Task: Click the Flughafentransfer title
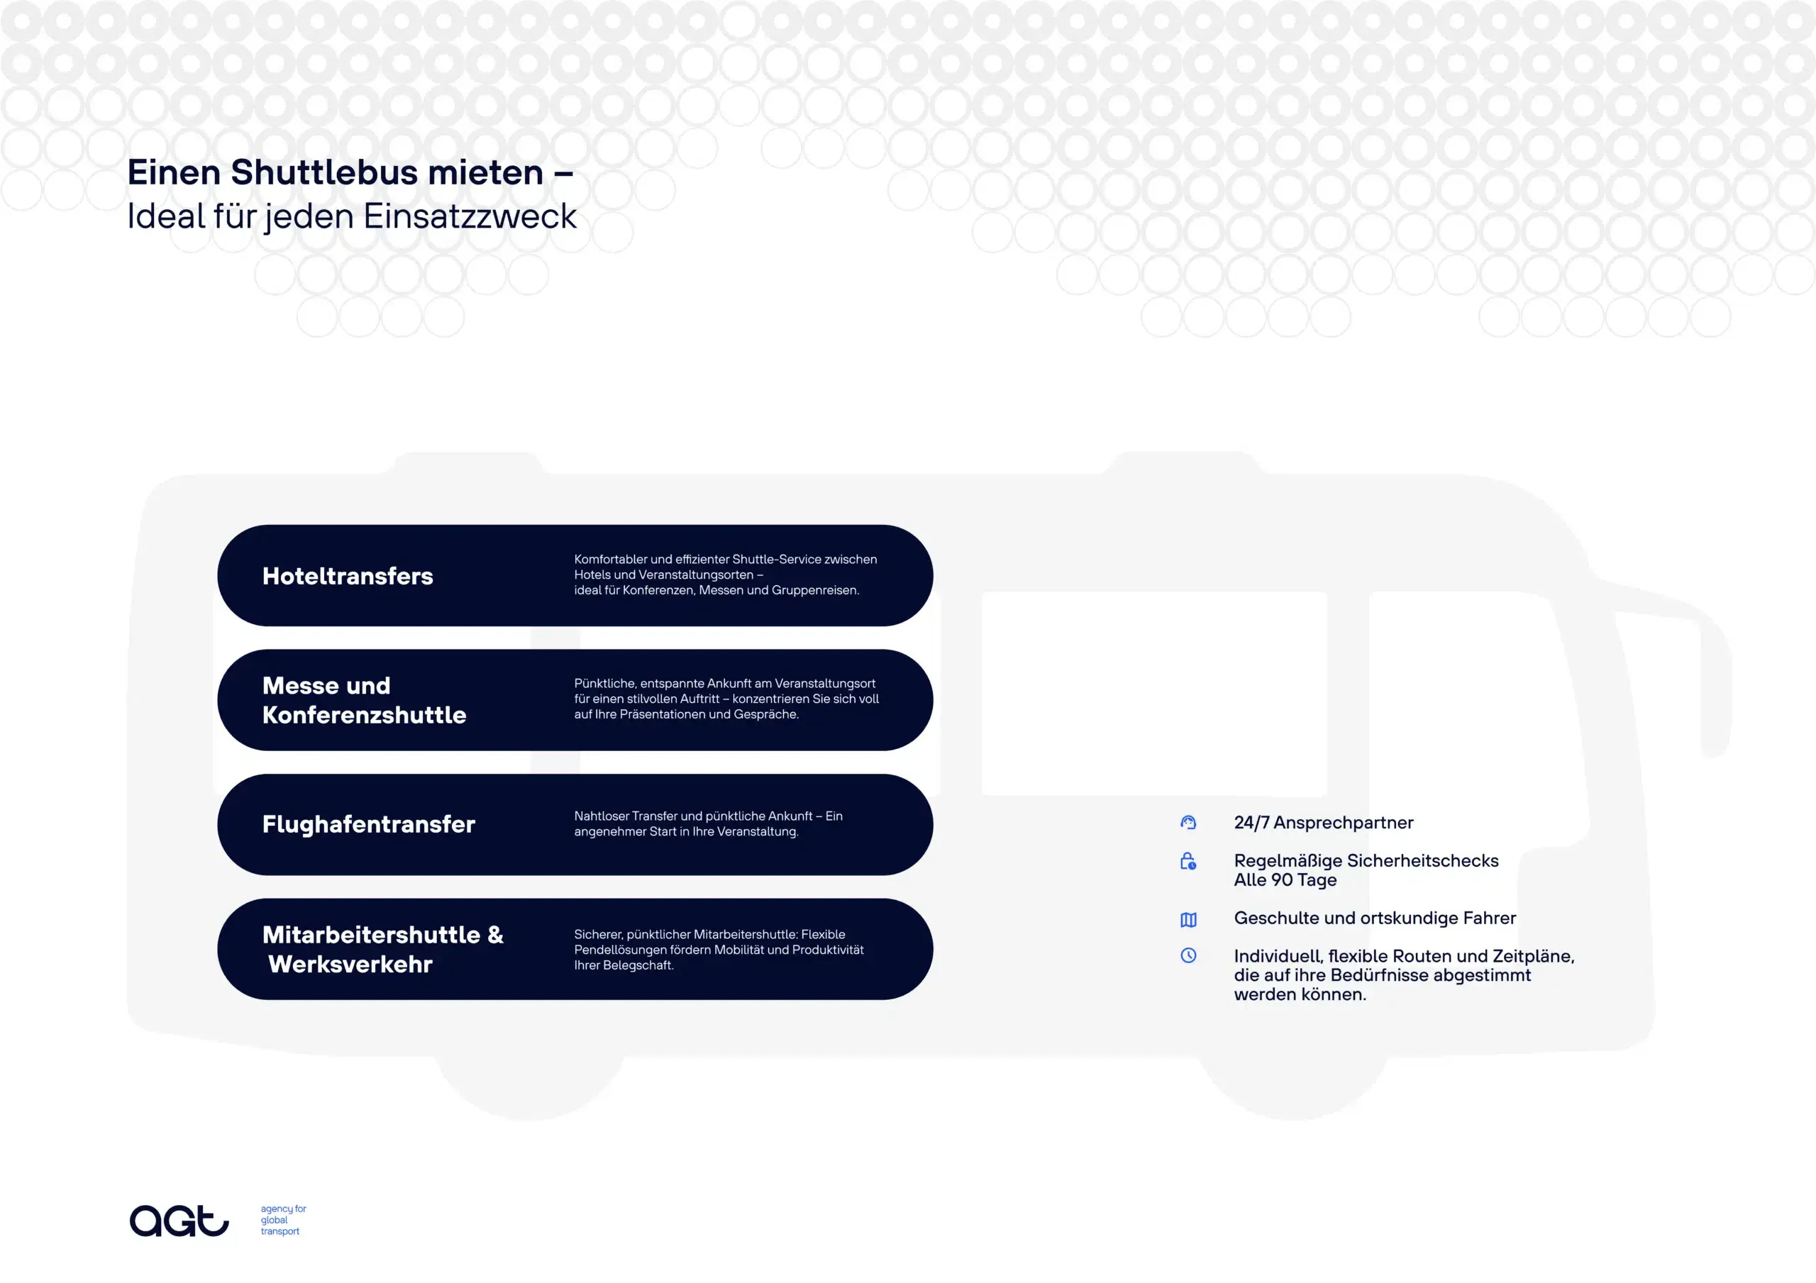(369, 824)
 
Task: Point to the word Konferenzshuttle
(364, 715)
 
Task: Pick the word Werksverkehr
(350, 965)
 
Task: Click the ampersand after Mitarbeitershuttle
(496, 935)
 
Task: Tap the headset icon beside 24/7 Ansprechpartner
(1188, 823)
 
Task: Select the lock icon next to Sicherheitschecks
(1188, 862)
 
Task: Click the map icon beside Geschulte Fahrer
(1188, 919)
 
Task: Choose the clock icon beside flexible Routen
(1188, 955)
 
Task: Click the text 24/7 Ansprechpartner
(1323, 823)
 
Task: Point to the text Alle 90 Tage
(1285, 880)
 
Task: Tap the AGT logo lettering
(179, 1221)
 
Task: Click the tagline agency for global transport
(283, 1220)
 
